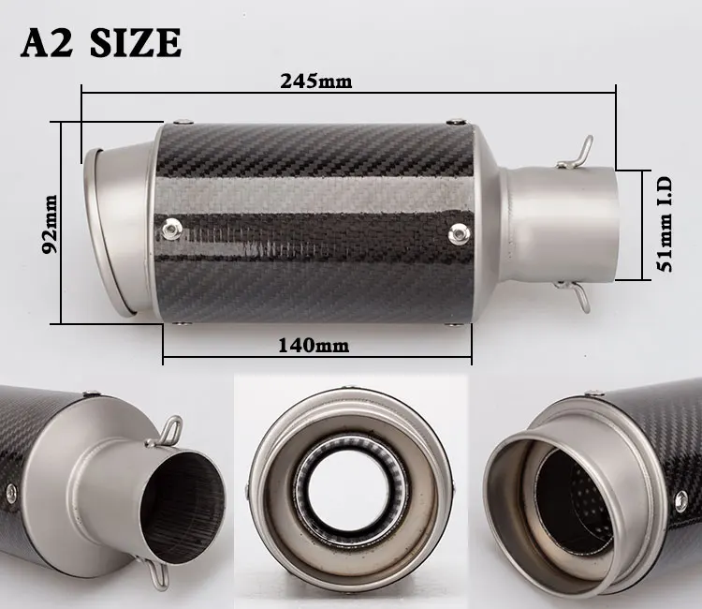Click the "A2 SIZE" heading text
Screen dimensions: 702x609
point(101,42)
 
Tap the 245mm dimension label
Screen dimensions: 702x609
point(316,82)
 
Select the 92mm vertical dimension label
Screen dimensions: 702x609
point(50,224)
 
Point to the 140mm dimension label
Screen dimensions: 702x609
point(314,345)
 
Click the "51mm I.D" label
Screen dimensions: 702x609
point(665,224)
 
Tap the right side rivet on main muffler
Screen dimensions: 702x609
point(460,233)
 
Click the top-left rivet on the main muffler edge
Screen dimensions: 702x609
point(183,122)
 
